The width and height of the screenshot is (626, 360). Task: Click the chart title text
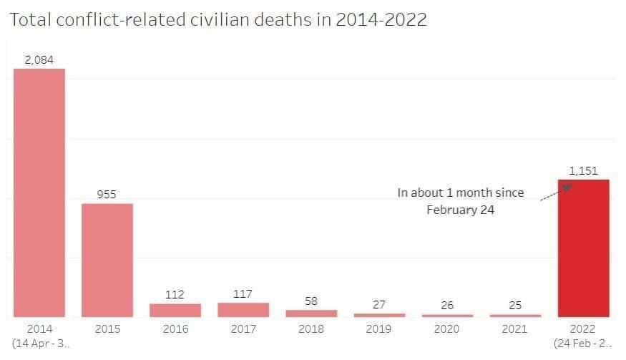[x=218, y=19]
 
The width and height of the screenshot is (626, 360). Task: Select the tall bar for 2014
[x=39, y=193]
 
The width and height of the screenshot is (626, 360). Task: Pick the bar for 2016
[x=175, y=310]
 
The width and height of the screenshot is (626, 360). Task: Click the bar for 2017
[x=243, y=309]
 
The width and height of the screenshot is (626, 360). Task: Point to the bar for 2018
[x=311, y=313]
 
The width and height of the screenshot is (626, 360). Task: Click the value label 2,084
[x=39, y=60]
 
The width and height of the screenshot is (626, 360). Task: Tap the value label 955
[x=107, y=195]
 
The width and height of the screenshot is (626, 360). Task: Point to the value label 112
[x=175, y=295]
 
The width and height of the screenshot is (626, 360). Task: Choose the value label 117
[x=243, y=294]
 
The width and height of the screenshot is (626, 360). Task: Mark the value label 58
[x=311, y=301]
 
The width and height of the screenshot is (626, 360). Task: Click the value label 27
[x=379, y=305]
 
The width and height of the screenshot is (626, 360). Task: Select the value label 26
[x=447, y=306]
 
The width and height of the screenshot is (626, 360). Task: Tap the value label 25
[x=515, y=306]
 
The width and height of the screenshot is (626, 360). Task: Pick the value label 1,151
[x=583, y=171]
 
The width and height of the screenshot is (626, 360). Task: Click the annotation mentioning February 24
[x=461, y=201]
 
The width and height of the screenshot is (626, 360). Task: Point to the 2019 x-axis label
[x=379, y=329]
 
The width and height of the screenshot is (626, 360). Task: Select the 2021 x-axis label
[x=515, y=329]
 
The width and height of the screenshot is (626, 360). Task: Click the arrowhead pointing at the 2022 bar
[x=567, y=188]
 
